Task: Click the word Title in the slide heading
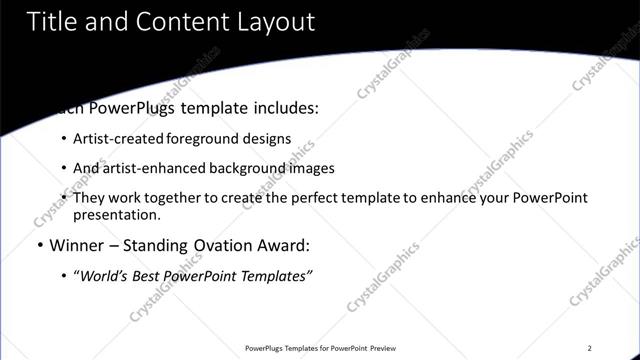(50, 21)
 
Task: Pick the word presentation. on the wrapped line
(116, 214)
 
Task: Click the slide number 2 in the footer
(590, 348)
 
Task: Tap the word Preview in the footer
(385, 348)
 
